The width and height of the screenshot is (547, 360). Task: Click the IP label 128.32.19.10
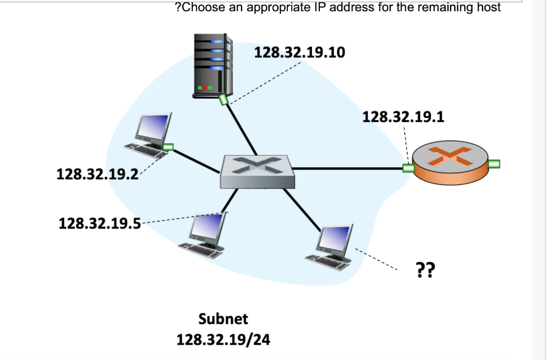tap(300, 53)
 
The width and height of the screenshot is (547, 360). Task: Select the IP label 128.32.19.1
tap(403, 116)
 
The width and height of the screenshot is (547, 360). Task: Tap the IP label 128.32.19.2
tap(97, 174)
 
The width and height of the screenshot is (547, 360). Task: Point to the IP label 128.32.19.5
tap(100, 222)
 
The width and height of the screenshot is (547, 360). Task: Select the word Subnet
tap(223, 319)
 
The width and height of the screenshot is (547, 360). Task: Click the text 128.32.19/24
tap(223, 340)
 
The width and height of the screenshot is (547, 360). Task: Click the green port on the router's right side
tap(494, 164)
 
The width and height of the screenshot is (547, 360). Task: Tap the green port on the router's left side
tap(409, 168)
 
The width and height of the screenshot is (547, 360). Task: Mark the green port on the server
tap(223, 99)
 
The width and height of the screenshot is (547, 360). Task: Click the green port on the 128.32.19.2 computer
tap(168, 147)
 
